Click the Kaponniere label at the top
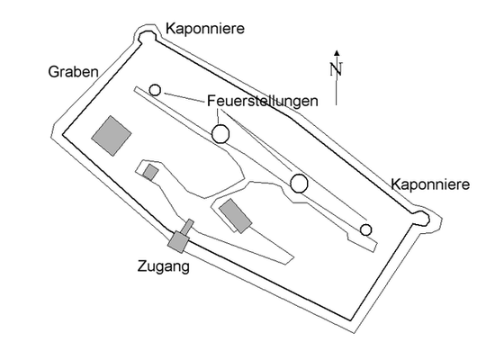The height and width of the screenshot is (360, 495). point(205,29)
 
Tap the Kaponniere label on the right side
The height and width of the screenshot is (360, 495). point(430,184)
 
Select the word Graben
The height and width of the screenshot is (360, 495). point(73,72)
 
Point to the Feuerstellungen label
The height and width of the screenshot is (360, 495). point(262,101)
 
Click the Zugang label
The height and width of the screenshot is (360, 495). point(164,266)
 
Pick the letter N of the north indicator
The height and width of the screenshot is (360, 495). point(337,69)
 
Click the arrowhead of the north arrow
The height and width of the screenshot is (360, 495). point(337,53)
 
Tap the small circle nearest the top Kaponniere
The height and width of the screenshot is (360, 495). point(155,90)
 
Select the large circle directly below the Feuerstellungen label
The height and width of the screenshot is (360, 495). point(220,134)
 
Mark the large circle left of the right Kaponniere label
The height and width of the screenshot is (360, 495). point(299,184)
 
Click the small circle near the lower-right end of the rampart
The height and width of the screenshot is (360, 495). point(366,229)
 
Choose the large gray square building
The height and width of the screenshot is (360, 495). point(112,136)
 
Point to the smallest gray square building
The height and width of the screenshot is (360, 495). point(150,173)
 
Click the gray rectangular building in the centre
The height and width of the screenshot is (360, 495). point(236,216)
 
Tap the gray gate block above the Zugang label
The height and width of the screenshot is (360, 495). point(178,242)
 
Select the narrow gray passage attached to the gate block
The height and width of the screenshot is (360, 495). point(188,227)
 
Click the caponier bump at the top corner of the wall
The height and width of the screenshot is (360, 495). point(147,36)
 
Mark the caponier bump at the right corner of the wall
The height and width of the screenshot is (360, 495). point(421,218)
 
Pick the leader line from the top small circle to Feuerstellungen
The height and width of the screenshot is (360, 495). point(184,97)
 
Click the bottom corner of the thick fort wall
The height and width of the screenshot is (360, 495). point(350,319)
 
